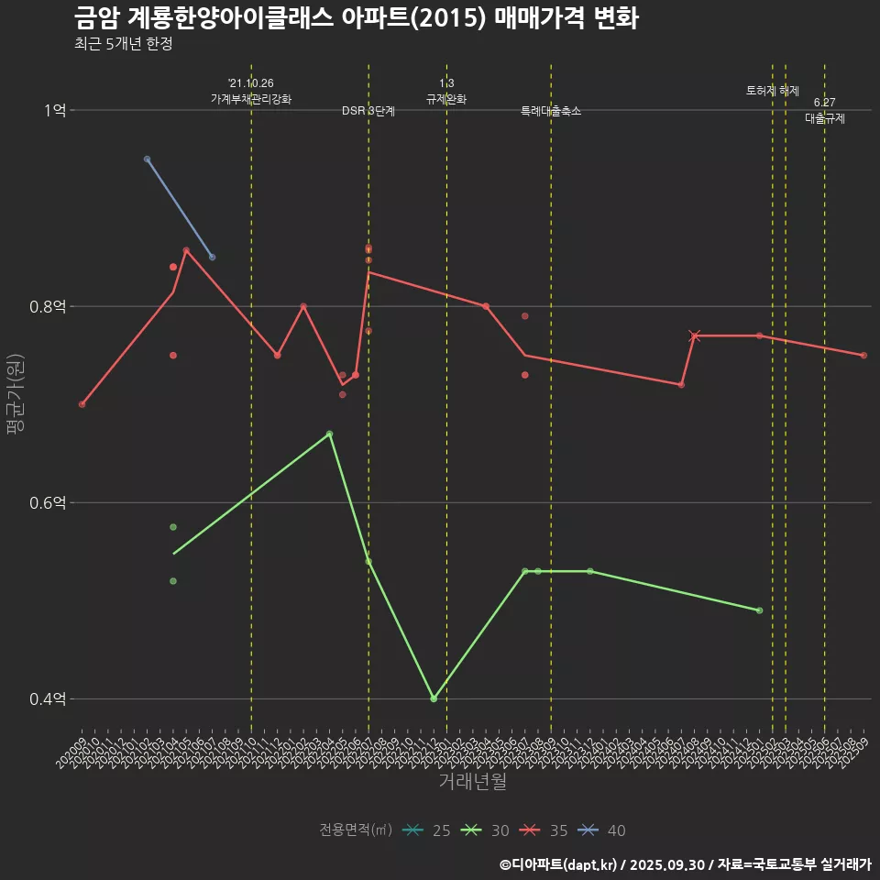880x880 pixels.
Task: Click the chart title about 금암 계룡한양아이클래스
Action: click(x=356, y=18)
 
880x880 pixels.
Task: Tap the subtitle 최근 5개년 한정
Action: click(x=123, y=44)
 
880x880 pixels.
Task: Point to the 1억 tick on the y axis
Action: click(x=54, y=110)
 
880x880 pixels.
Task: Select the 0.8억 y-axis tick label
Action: click(x=47, y=306)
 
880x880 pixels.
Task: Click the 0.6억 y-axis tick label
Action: click(x=47, y=502)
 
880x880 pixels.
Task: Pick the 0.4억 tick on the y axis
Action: click(x=47, y=698)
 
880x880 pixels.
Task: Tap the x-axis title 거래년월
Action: click(x=472, y=782)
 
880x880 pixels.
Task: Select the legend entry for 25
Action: click(x=427, y=830)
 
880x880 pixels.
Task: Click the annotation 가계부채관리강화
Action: click(x=251, y=98)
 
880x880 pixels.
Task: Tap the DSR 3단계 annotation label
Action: click(x=368, y=111)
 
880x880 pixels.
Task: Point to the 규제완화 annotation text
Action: click(x=446, y=99)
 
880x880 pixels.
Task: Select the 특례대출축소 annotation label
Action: click(x=551, y=111)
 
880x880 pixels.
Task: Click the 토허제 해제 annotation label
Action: click(x=773, y=91)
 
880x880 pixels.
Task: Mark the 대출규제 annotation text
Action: click(x=825, y=118)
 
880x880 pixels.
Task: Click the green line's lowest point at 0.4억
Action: click(x=434, y=698)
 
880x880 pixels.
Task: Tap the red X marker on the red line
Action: click(x=694, y=335)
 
